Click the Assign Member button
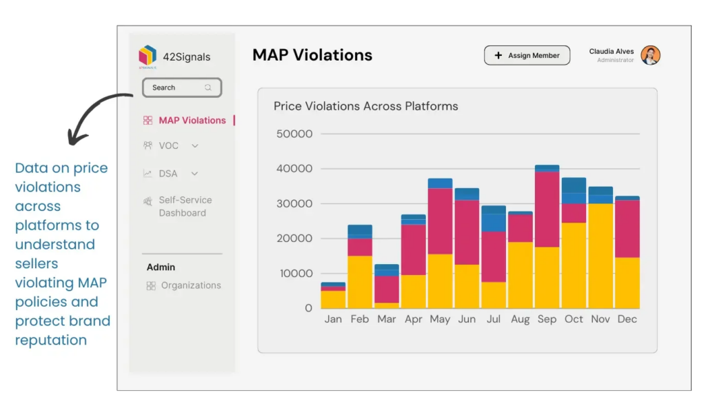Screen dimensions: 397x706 (x=527, y=56)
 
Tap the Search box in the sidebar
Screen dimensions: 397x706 (x=181, y=88)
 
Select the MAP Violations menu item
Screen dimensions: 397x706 (x=192, y=120)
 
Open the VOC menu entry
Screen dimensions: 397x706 (x=169, y=146)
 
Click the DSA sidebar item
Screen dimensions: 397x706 (x=168, y=174)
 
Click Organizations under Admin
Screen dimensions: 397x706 (x=190, y=285)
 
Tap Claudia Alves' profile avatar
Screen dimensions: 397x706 (x=650, y=56)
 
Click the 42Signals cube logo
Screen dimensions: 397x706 (x=148, y=56)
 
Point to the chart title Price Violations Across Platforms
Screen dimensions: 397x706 (x=365, y=106)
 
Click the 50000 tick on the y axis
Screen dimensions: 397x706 (x=294, y=134)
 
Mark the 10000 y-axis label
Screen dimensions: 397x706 (x=294, y=273)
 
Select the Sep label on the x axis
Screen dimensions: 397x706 (x=547, y=319)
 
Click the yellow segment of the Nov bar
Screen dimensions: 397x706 (x=601, y=256)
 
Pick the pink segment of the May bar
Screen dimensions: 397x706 (x=440, y=221)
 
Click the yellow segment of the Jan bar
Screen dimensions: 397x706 (x=333, y=299)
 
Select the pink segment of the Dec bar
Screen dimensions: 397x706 (x=627, y=228)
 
